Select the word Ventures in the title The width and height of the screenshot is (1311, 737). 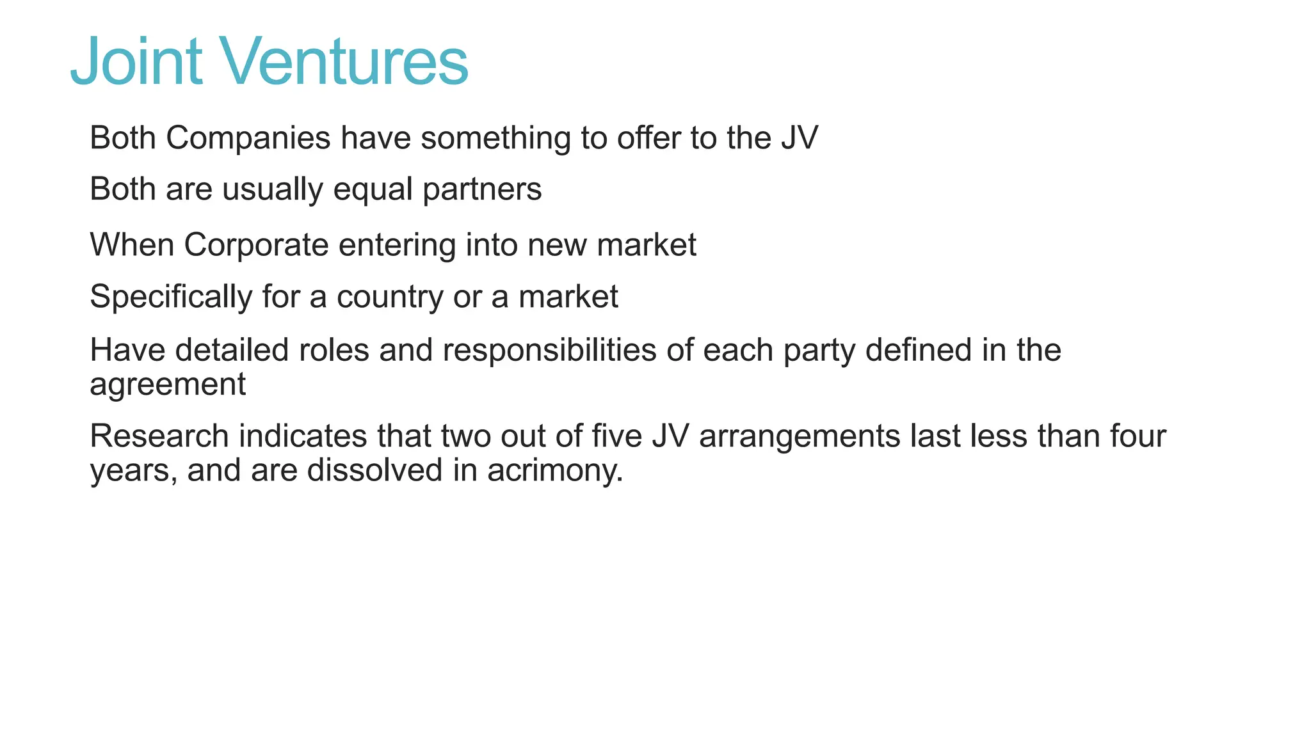346,61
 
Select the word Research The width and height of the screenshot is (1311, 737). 159,436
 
